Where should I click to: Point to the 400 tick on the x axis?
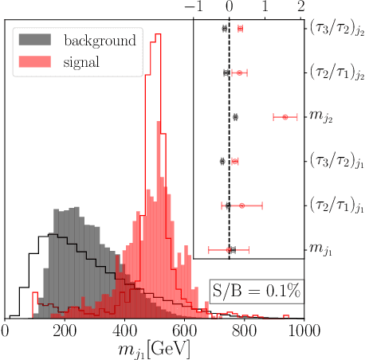(125, 319)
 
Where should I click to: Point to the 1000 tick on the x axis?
(304, 319)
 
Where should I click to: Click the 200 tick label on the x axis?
(65, 329)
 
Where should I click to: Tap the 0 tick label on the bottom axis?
(6, 329)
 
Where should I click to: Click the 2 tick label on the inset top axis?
(300, 7)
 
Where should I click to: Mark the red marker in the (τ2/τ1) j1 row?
(241, 205)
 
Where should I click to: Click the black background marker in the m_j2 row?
(235, 117)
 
